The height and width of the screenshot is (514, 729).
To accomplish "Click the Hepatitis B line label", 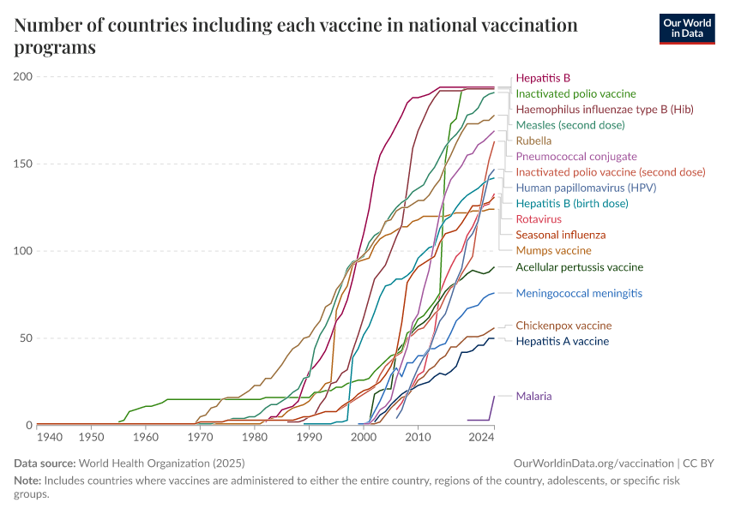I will (x=543, y=77).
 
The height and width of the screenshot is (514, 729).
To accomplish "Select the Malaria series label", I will (x=533, y=396).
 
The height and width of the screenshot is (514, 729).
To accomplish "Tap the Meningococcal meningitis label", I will (x=579, y=293).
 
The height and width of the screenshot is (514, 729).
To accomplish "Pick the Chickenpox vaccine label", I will (x=563, y=326).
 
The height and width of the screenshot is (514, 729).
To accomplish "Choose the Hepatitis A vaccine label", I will (x=562, y=341).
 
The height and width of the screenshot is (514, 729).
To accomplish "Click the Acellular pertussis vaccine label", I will (x=579, y=267).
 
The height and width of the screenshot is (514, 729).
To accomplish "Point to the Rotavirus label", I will (x=539, y=219).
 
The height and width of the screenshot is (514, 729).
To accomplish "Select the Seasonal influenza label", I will (x=560, y=235).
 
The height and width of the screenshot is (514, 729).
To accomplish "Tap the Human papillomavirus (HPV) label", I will (x=574, y=188).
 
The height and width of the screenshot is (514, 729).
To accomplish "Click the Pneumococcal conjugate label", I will (x=575, y=157).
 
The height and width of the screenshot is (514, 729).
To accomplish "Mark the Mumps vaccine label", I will (x=553, y=251).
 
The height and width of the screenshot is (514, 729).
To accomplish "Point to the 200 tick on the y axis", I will (x=23, y=77).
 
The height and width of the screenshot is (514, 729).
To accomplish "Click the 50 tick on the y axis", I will (x=27, y=338).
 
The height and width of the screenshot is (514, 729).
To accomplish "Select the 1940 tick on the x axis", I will (x=51, y=437).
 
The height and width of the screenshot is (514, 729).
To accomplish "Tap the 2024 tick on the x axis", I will (x=482, y=437).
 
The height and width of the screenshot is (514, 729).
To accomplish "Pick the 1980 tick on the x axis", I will (x=254, y=437).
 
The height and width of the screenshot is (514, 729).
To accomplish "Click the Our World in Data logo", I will (x=686, y=28).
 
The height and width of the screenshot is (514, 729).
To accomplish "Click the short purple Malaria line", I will (x=481, y=419).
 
